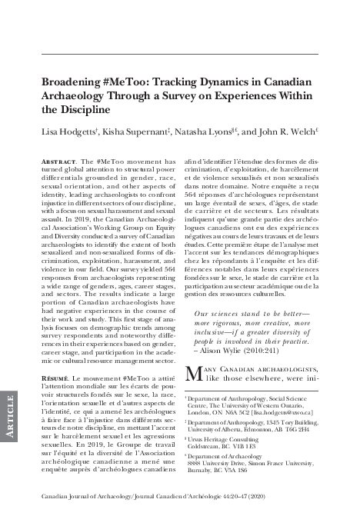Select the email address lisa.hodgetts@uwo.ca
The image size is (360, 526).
(x=283, y=412)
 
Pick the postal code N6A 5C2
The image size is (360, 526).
(x=228, y=412)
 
